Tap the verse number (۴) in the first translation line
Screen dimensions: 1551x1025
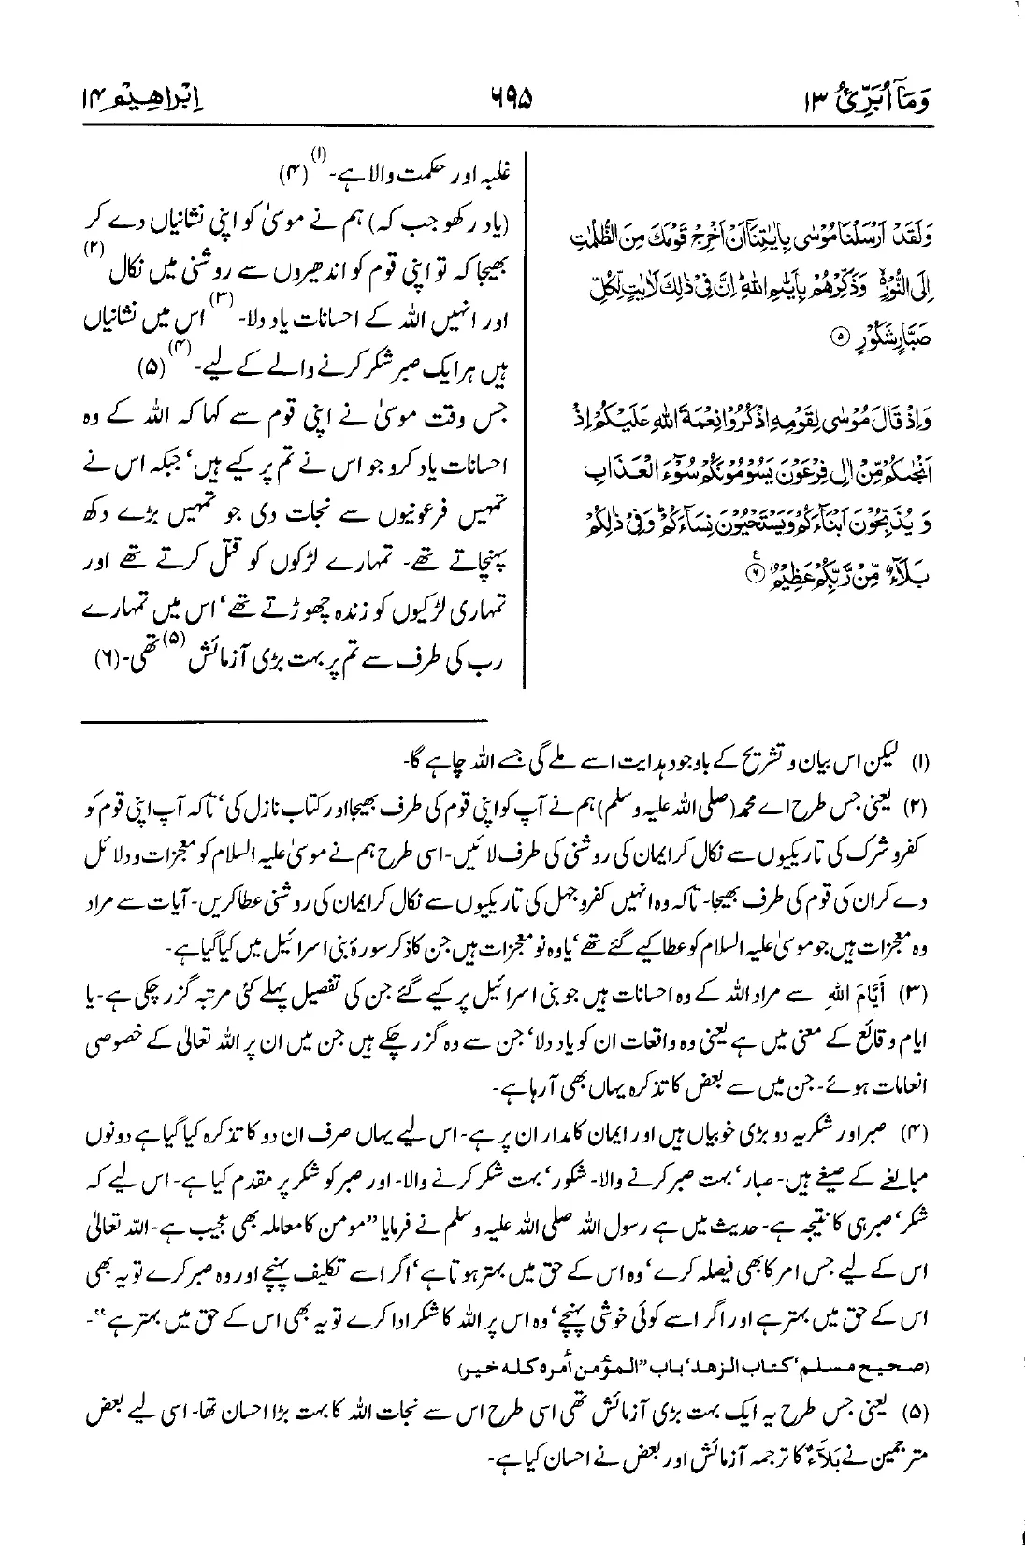(291, 173)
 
